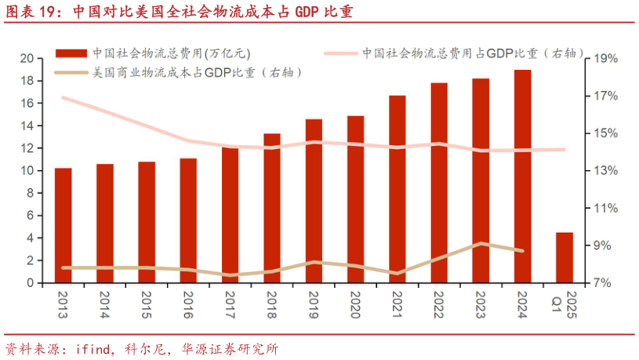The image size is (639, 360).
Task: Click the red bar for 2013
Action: [63, 225]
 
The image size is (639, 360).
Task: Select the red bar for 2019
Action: [314, 201]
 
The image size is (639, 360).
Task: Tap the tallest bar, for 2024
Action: [523, 176]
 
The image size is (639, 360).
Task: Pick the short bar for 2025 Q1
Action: [565, 257]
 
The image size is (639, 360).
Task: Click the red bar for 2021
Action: [398, 189]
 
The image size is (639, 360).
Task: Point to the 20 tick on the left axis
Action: [27, 59]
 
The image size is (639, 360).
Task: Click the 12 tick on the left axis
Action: [27, 148]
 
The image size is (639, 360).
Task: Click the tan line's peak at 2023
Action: [481, 243]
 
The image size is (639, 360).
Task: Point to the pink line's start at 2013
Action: [63, 97]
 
